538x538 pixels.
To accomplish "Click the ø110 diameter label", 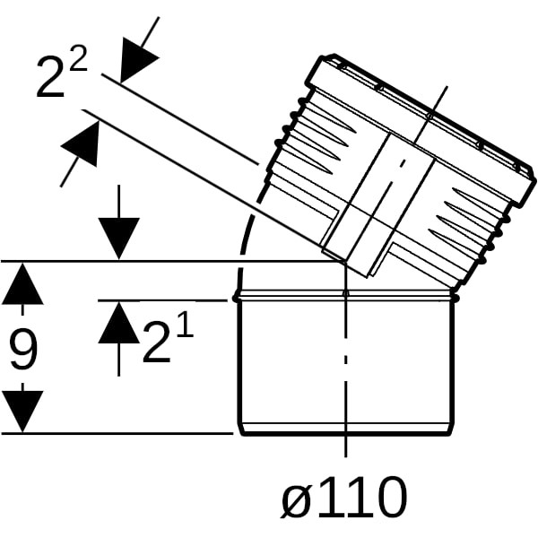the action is pos(344,497).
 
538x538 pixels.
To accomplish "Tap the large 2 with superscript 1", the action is pos(156,343).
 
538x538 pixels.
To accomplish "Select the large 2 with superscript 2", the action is pos(50,76).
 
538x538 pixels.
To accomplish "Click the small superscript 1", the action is pos(185,325).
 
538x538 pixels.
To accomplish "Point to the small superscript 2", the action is pos(78,58).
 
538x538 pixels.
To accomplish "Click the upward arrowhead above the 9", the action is pos(22,283).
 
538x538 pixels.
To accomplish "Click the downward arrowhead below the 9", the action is pos(22,412).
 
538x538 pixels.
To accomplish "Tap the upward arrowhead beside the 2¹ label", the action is pos(118,323).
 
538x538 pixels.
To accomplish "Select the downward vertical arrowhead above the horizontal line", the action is pos(118,239).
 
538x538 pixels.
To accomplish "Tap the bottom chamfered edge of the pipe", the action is pos(346,430).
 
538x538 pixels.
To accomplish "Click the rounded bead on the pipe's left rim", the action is pos(236,297).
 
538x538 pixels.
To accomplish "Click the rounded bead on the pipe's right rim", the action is pos(456,297).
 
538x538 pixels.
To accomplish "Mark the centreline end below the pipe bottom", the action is pos(346,457).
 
